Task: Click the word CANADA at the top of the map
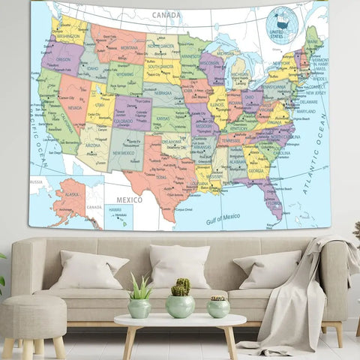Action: pos(166,14)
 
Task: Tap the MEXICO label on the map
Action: pos(129,200)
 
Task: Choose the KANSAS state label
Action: pos(163,118)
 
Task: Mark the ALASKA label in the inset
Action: pos(72,193)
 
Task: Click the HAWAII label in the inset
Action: pos(115,209)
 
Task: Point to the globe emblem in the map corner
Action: pos(283,24)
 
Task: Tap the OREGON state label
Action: pos(64,59)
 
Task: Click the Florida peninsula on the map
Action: pos(271,199)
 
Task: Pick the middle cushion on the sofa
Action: pos(179,266)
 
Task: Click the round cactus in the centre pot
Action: pos(180,286)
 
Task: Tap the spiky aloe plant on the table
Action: pos(140,286)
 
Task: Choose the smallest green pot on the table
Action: pos(218,307)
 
